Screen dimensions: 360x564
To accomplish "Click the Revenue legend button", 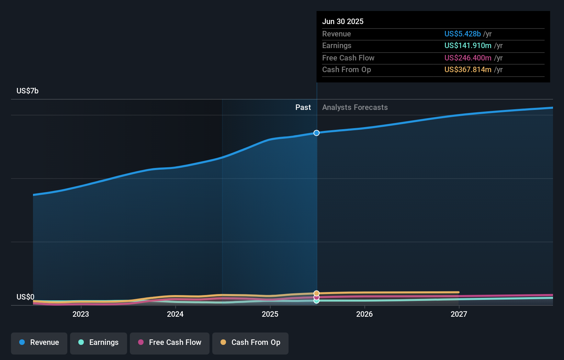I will [x=39, y=342].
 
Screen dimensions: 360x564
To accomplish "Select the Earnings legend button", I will [x=99, y=342].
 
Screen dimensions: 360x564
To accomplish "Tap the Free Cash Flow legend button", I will [x=170, y=342].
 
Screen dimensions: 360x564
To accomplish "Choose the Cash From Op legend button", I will [x=250, y=342].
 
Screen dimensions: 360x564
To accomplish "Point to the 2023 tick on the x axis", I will [x=81, y=314].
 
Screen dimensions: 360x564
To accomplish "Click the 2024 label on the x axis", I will [x=175, y=314].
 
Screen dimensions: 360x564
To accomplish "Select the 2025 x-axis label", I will [x=270, y=314].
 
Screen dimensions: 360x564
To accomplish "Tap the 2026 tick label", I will [x=364, y=314].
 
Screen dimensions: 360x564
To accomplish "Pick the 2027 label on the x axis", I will [x=459, y=314].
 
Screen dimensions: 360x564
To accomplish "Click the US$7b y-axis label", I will [x=27, y=91].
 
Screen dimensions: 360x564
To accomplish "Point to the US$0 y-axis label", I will [x=25, y=297].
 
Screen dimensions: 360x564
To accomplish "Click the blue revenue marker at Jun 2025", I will [x=316, y=133].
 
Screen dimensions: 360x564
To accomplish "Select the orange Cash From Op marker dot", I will [x=316, y=293].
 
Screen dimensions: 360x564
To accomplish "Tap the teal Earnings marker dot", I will [x=316, y=301].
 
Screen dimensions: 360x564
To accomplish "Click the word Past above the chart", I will [x=303, y=108].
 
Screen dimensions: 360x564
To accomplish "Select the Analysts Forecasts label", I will [x=355, y=108].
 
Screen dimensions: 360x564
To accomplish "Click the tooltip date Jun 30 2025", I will [x=343, y=22].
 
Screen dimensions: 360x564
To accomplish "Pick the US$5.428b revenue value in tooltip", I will [x=462, y=34].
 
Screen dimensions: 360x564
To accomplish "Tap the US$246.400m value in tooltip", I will [x=467, y=58].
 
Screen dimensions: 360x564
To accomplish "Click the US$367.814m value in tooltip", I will [x=467, y=70].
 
